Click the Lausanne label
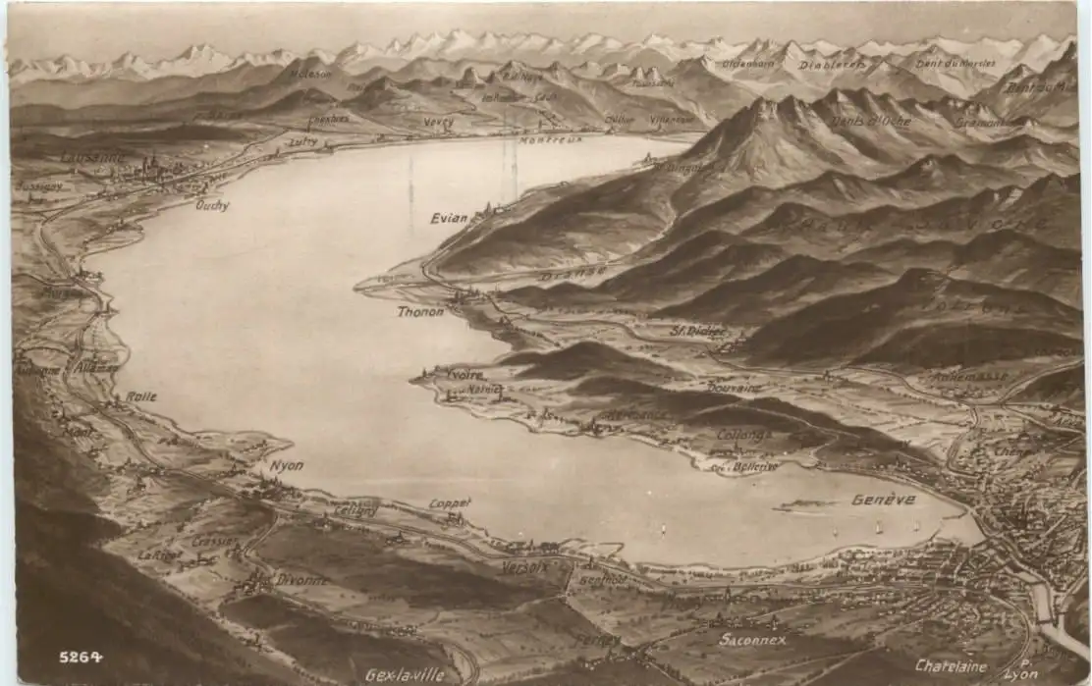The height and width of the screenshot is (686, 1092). click(x=93, y=156)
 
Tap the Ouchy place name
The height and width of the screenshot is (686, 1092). click(x=212, y=205)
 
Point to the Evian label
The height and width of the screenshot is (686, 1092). click(x=449, y=218)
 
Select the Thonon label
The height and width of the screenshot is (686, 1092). click(x=420, y=311)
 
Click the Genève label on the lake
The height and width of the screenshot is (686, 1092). click(x=883, y=500)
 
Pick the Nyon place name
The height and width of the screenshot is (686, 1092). click(x=287, y=465)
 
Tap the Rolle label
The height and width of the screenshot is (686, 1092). click(x=140, y=396)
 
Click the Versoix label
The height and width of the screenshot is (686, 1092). click(x=525, y=566)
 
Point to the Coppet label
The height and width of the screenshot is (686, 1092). click(x=450, y=503)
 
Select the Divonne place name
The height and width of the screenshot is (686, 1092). click(x=302, y=580)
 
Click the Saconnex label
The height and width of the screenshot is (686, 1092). click(x=752, y=639)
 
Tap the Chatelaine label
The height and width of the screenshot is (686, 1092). click(x=951, y=665)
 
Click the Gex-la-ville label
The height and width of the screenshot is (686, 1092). click(x=405, y=675)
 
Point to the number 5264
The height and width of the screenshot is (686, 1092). click(x=81, y=657)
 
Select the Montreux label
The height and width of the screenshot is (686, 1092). click(x=550, y=139)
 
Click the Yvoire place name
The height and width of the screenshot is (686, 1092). click(x=464, y=375)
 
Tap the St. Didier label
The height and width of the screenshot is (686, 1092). click(x=698, y=331)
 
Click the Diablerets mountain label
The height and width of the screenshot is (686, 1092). click(x=832, y=65)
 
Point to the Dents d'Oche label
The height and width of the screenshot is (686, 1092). click(x=870, y=121)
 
